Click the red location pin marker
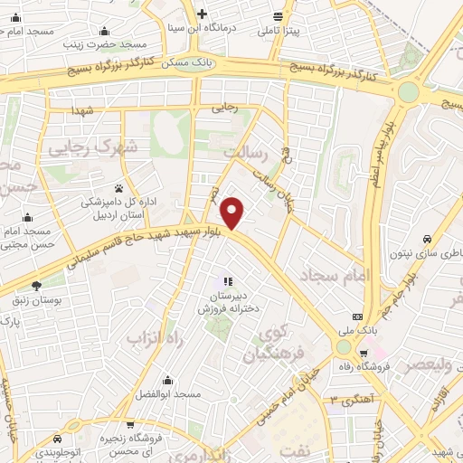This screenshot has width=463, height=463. (233, 212)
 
